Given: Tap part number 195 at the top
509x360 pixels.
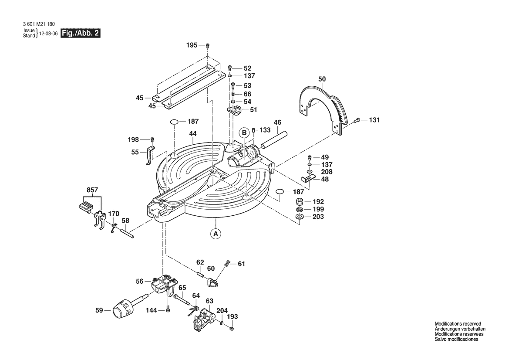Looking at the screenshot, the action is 192,45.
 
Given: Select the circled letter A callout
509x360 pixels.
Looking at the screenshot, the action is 215,233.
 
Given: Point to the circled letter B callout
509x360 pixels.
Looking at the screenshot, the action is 244,132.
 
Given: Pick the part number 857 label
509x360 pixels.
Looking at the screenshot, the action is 92,190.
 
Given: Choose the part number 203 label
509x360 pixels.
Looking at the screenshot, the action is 318,217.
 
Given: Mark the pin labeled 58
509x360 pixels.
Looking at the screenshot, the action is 127,234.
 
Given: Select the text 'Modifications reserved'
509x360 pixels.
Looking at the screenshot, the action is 458,324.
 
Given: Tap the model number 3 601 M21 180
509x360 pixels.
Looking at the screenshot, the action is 39,24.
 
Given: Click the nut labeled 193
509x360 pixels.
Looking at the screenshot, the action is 232,329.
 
